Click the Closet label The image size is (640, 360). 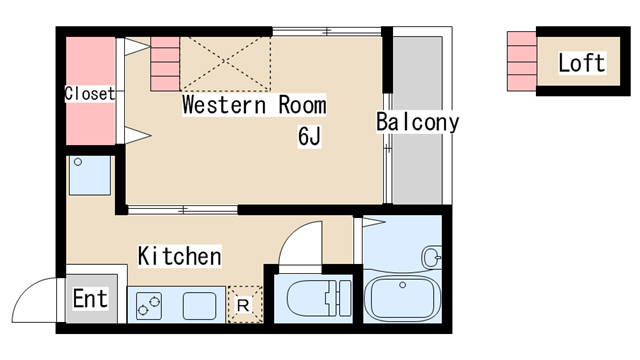click(89, 94)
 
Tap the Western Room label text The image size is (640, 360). click(254, 105)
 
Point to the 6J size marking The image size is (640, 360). click(308, 137)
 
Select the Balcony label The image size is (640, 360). click(417, 123)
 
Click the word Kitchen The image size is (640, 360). click(179, 256)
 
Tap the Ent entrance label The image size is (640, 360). click(90, 299)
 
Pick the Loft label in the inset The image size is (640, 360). click(581, 63)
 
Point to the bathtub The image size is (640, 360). click(404, 299)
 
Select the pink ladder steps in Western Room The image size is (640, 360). click(165, 62)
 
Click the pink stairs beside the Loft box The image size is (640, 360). click(521, 61)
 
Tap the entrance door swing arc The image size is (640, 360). click(35, 298)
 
